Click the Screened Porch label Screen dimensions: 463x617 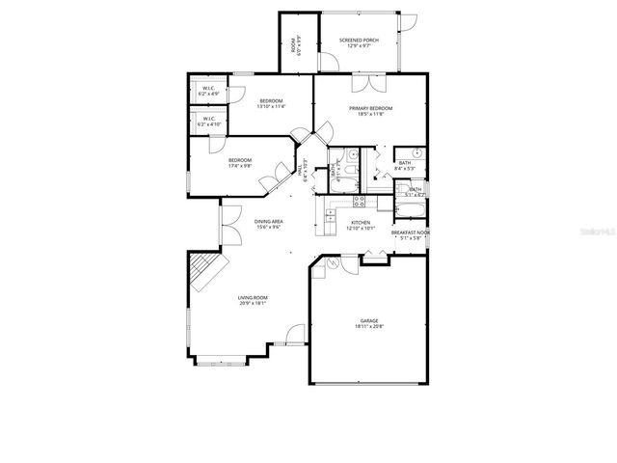pyautogui.click(x=359, y=42)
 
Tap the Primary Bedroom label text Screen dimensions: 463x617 pyautogui.click(x=371, y=112)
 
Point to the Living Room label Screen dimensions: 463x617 pyautogui.click(x=253, y=300)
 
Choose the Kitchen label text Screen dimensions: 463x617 pyautogui.click(x=361, y=226)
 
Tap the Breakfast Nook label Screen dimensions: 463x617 pyautogui.click(x=409, y=235)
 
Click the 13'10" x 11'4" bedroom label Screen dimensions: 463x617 pyautogui.click(x=270, y=103)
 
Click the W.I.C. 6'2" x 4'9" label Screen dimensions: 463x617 pyautogui.click(x=209, y=91)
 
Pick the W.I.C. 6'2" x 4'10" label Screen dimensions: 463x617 pyautogui.click(x=209, y=122)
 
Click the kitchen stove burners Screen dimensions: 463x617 pyautogui.click(x=359, y=202)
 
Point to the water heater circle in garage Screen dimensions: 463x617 pyautogui.click(x=334, y=261)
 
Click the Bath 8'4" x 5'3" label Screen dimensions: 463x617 pyautogui.click(x=406, y=165)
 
